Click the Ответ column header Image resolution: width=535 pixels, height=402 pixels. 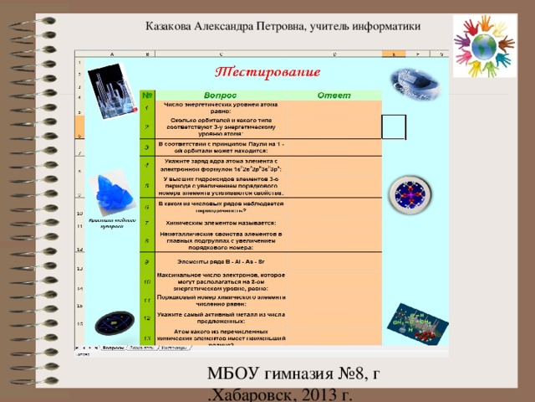tap(325, 94)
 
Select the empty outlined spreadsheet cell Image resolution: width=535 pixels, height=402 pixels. tap(393, 126)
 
